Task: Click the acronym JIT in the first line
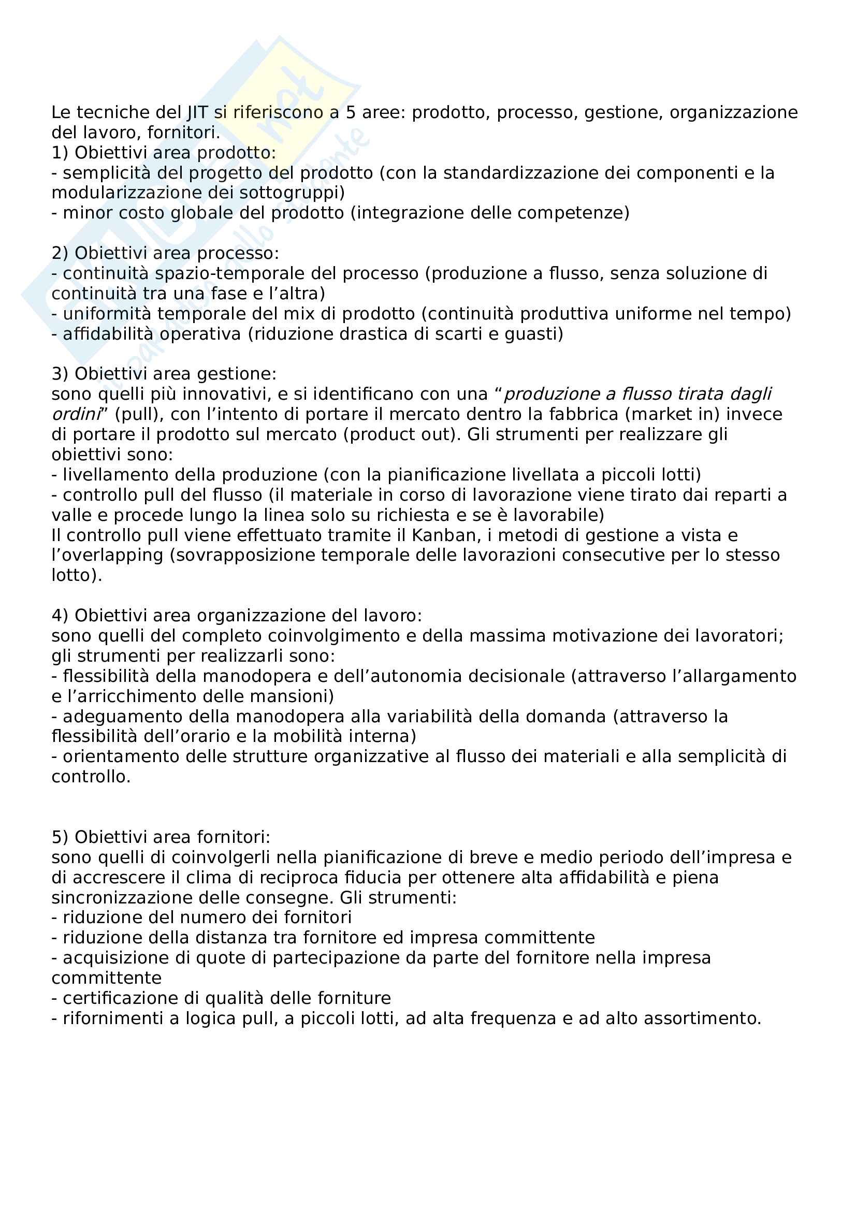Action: pos(197,112)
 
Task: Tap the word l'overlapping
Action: pos(107,556)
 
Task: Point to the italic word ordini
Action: pos(76,415)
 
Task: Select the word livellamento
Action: pos(109,475)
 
